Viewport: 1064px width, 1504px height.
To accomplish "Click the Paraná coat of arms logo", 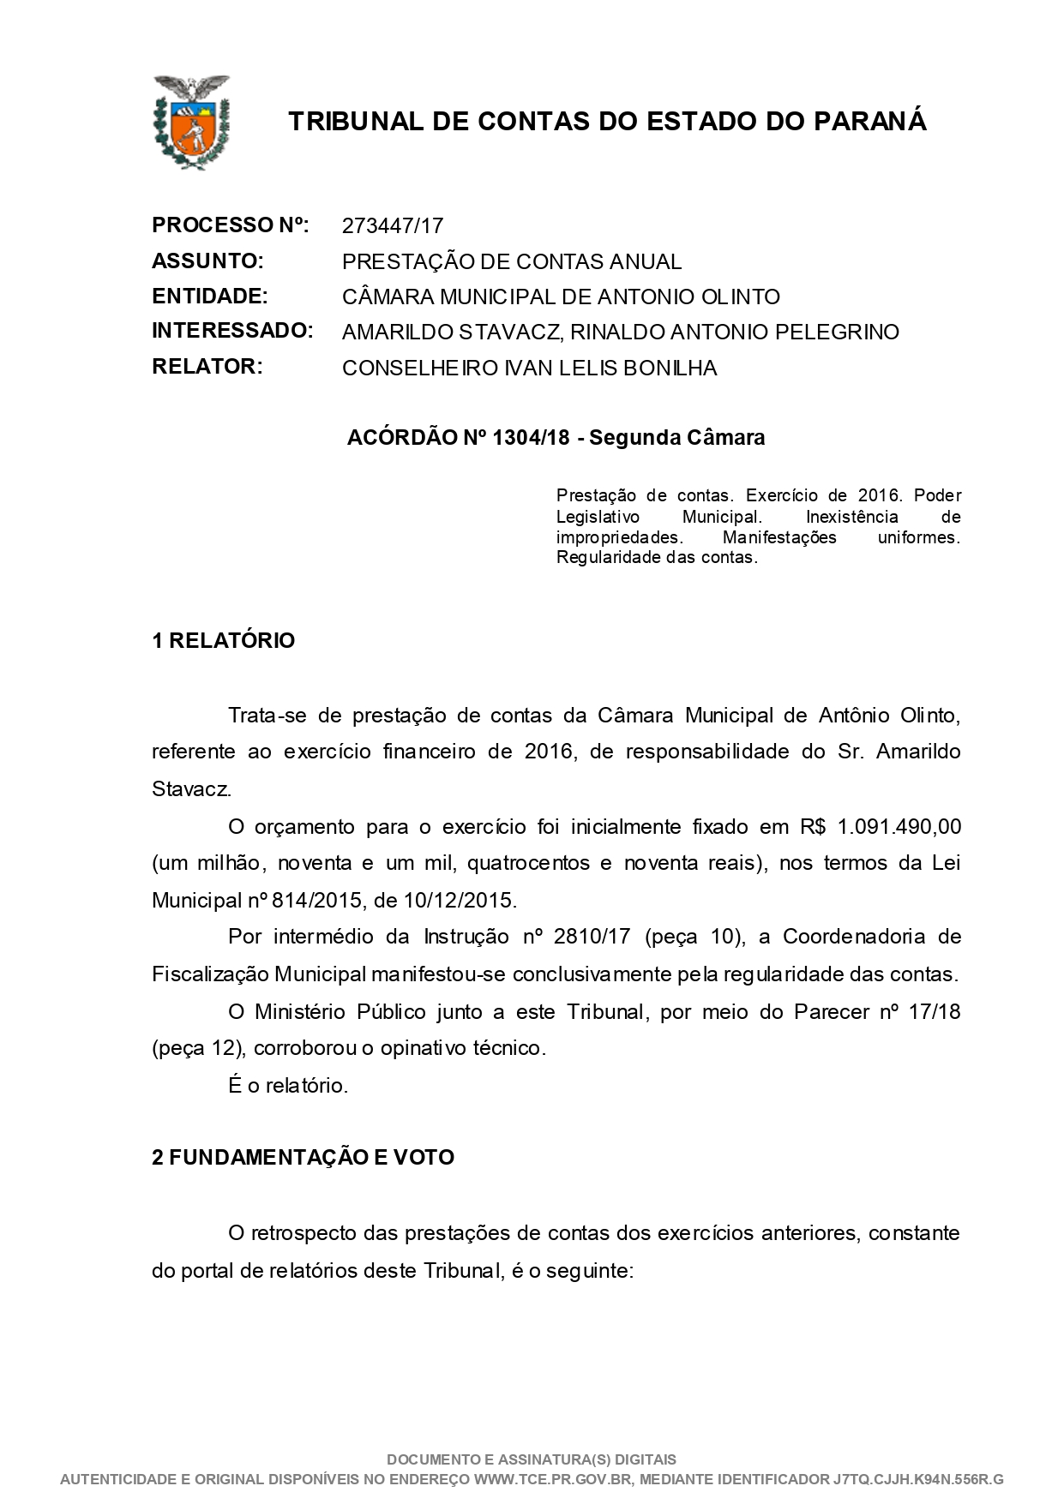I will tap(191, 121).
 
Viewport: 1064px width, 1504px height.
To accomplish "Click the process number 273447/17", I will tap(392, 226).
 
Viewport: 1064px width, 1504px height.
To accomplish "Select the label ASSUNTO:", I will tap(207, 261).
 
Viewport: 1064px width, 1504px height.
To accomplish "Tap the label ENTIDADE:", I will tap(210, 297).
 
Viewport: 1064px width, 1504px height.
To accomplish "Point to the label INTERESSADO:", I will tap(232, 331).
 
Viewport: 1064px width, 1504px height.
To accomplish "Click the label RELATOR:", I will tap(207, 367).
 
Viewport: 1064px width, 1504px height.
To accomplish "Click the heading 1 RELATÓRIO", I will tap(223, 641).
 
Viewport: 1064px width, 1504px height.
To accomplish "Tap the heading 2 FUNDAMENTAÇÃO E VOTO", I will tap(303, 1158).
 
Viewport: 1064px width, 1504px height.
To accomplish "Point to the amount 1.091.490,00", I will tap(899, 827).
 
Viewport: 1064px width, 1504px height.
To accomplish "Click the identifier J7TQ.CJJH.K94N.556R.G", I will tap(917, 1479).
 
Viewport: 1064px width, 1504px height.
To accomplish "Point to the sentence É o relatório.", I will tap(288, 1086).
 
